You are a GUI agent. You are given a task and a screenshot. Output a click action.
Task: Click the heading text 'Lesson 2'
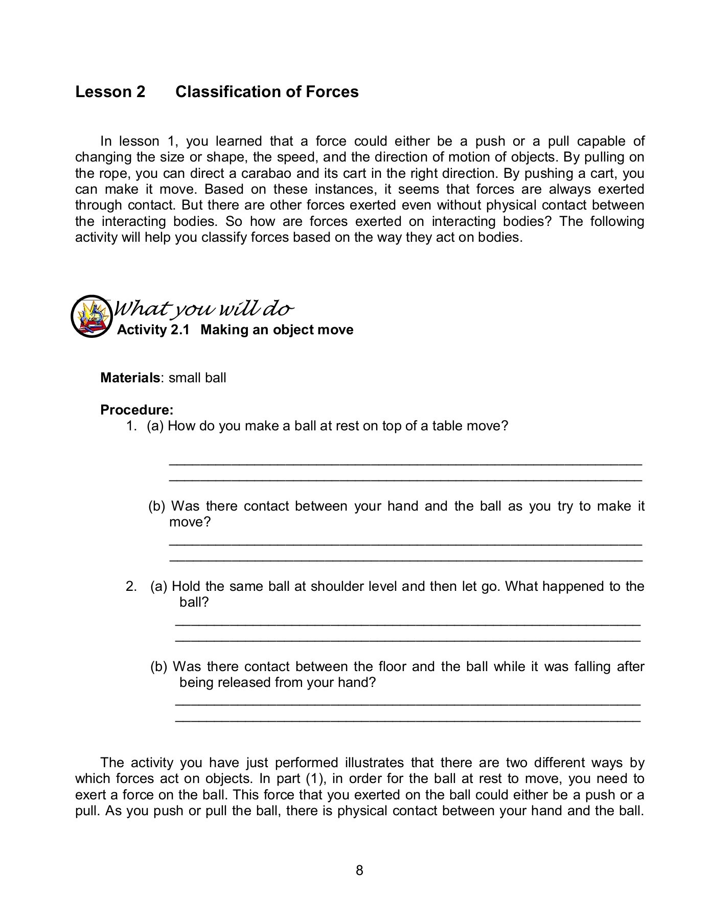coord(110,92)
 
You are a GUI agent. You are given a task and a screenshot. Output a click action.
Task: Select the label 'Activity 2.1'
coord(153,330)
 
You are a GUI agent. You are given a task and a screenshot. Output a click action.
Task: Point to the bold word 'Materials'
coord(130,378)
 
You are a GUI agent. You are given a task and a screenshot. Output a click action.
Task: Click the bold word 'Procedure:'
coord(137,410)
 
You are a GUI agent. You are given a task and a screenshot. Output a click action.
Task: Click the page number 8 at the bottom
coord(359,870)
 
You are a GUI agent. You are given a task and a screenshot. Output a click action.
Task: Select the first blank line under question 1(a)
coord(405,464)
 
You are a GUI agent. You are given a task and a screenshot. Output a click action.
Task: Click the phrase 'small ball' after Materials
coord(197,378)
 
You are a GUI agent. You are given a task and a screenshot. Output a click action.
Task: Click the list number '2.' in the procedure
coord(131,586)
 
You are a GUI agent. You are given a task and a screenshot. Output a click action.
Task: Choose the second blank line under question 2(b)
coord(407,720)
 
